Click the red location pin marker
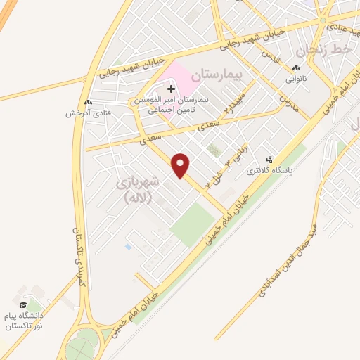click(181, 165)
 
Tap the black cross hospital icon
click(171, 89)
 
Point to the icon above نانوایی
click(296, 68)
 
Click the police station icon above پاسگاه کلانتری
click(268, 160)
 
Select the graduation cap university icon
click(22, 304)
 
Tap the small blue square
click(127, 246)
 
